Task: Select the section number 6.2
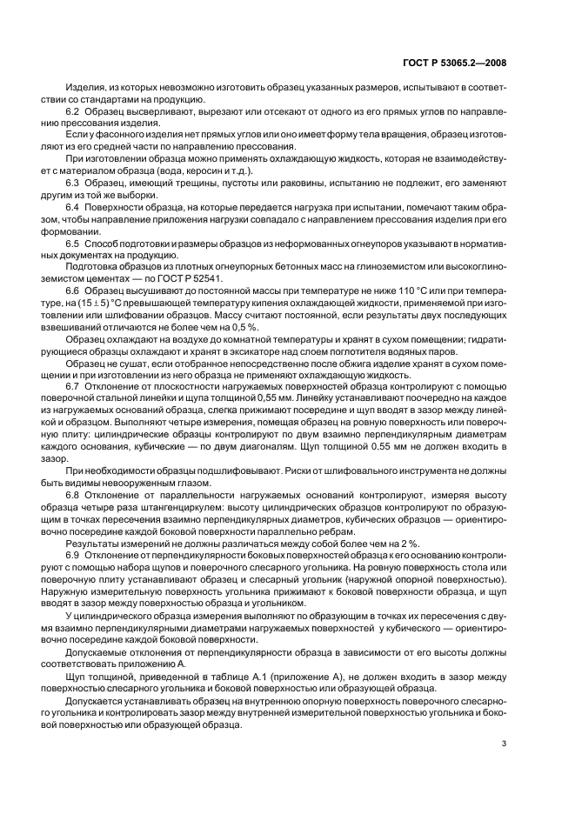74,113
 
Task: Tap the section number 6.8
74,495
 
